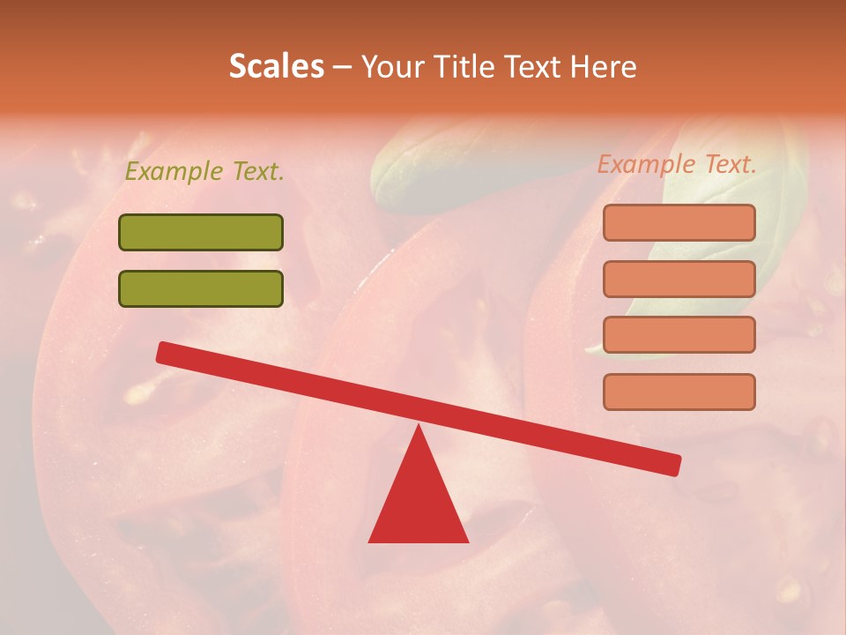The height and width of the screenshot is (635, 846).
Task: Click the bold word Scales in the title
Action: pos(276,66)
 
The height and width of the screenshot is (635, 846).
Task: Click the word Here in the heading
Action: pos(605,66)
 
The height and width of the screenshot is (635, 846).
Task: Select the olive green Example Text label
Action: pos(204,171)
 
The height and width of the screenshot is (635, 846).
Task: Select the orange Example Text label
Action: pos(677,164)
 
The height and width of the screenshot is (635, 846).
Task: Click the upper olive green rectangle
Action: pos(201,232)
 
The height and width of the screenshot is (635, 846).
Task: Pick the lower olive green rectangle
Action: pos(201,288)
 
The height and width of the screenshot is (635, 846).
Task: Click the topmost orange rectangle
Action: pos(679,222)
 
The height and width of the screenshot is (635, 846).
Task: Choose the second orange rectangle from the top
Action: pos(679,279)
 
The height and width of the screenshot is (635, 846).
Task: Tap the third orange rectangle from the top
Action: pos(679,335)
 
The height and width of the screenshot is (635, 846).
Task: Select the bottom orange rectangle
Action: pos(679,392)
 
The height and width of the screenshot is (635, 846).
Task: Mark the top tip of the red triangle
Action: pos(419,428)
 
